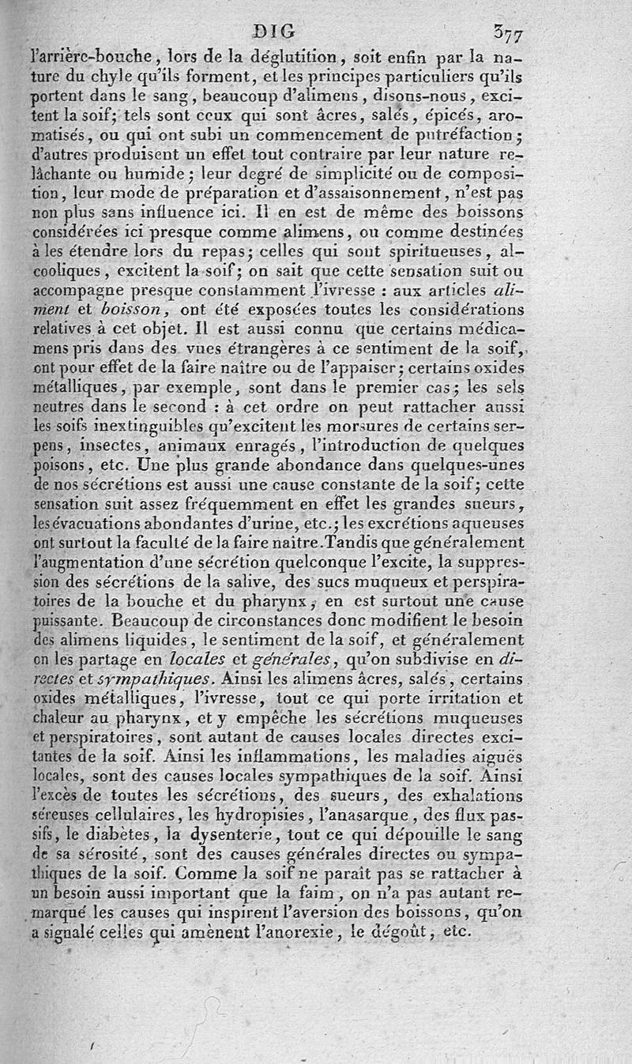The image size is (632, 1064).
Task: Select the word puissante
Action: (x=66, y=620)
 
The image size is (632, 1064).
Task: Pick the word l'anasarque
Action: (x=371, y=814)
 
